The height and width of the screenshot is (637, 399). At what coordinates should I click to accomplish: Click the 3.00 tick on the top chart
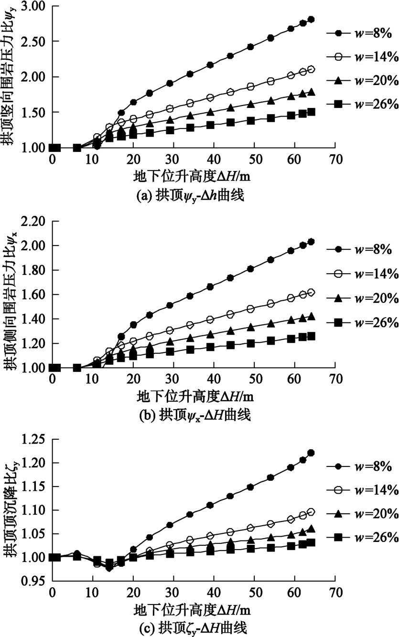tap(32, 6)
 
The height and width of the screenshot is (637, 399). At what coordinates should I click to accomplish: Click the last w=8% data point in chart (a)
tap(311, 19)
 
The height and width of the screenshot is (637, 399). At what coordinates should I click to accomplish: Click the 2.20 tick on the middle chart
tap(32, 222)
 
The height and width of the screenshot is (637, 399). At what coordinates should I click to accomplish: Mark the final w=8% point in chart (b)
tap(311, 242)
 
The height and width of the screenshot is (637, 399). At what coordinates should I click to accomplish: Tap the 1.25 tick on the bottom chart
tap(32, 439)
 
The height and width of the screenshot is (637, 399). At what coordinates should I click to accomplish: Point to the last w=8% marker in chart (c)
tap(311, 453)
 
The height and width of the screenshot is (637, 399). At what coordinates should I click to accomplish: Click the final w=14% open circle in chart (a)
tap(311, 69)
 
